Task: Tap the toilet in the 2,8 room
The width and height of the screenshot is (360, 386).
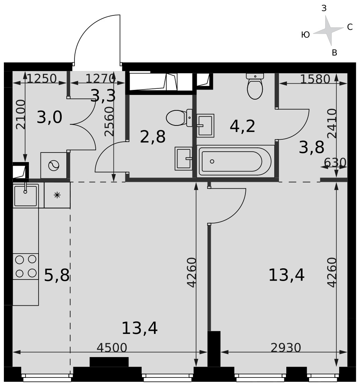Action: click(179, 118)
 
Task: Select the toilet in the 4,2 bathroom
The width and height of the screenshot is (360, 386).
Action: click(255, 86)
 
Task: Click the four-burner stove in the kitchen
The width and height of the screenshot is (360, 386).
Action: click(25, 266)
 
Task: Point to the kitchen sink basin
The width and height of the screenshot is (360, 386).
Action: click(25, 196)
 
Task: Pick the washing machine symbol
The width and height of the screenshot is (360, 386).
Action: click(54, 166)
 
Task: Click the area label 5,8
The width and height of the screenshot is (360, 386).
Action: click(57, 275)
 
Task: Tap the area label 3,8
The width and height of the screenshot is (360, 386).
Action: click(311, 147)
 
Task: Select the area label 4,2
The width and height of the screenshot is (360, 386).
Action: click(242, 127)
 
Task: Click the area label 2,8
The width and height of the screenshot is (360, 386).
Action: click(152, 137)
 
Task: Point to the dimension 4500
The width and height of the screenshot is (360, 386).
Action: click(112, 348)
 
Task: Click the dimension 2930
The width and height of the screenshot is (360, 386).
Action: click(286, 348)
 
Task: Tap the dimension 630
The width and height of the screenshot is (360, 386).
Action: click(335, 163)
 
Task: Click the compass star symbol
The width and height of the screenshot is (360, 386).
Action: click(328, 30)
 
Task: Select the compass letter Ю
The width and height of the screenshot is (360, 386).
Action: click(305, 35)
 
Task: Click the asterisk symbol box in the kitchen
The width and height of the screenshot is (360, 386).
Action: click(57, 195)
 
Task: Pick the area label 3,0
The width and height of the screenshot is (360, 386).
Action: click(49, 117)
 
